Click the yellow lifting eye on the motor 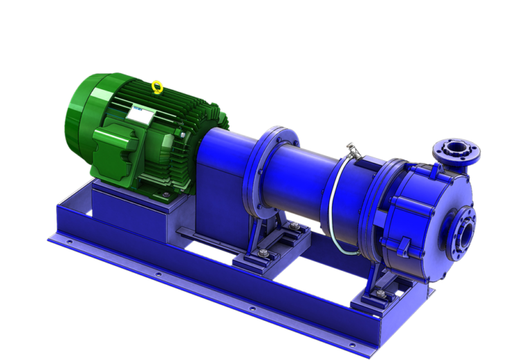coord(157,87)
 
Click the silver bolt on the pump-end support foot coord(379,295)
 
